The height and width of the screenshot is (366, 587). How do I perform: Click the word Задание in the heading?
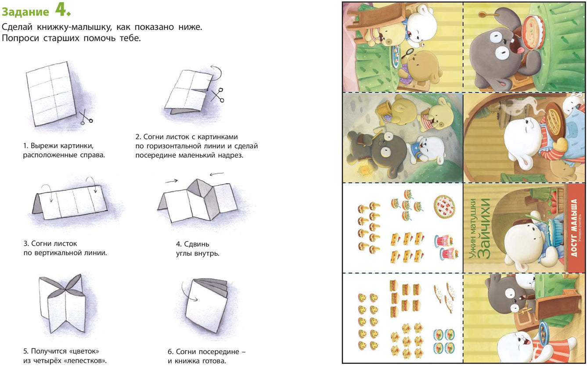tap(25, 12)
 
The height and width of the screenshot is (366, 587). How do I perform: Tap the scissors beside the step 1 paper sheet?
tap(86, 117)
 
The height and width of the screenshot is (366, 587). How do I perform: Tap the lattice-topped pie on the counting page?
tap(444, 206)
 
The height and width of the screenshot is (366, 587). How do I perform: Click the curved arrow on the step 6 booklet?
tap(187, 291)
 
